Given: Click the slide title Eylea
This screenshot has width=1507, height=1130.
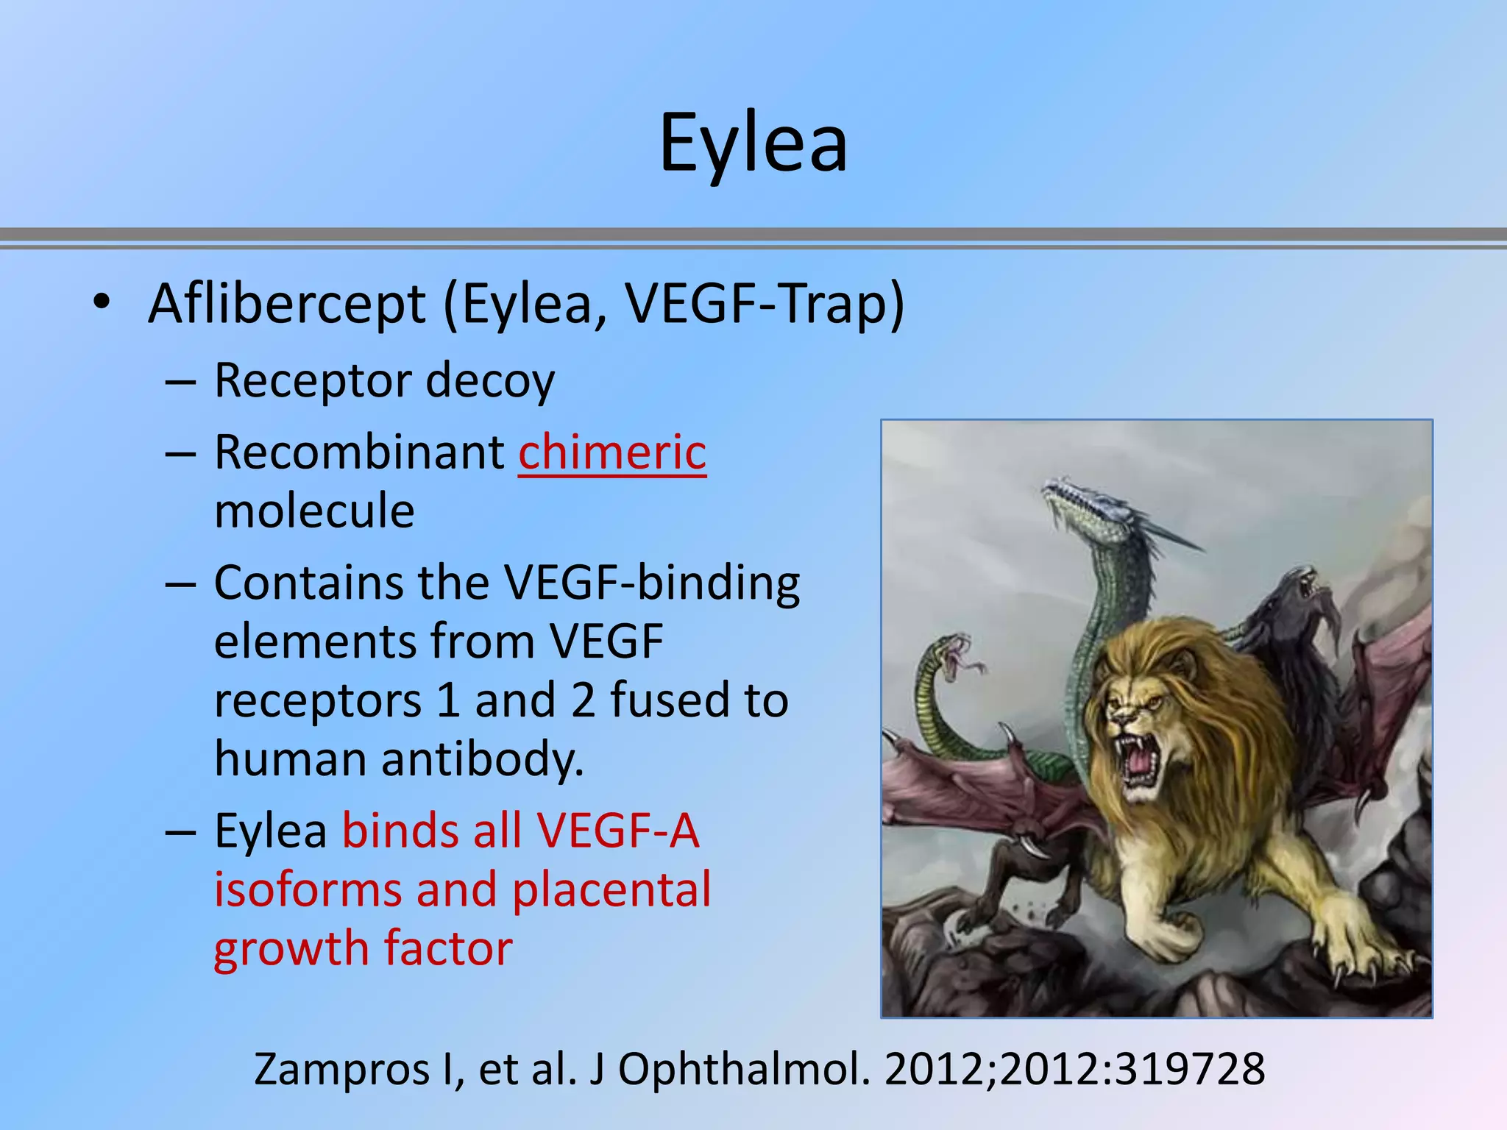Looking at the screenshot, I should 753,144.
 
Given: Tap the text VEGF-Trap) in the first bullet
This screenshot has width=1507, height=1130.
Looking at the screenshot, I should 765,303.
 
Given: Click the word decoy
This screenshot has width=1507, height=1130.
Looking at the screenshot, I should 490,382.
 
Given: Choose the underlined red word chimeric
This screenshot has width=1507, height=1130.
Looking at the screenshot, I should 612,452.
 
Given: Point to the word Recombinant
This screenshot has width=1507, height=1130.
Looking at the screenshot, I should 359,452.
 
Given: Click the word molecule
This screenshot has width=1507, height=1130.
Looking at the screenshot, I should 314,511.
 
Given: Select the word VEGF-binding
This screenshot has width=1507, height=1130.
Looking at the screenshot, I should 652,583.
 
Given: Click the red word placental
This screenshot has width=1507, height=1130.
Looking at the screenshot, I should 611,889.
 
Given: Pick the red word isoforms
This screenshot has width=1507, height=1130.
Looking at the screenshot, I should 308,889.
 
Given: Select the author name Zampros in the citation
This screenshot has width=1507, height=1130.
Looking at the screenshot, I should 341,1070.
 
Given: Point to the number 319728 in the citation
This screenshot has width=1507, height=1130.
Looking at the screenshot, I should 1189,1070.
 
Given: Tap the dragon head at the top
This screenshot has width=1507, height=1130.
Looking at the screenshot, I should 1085,500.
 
